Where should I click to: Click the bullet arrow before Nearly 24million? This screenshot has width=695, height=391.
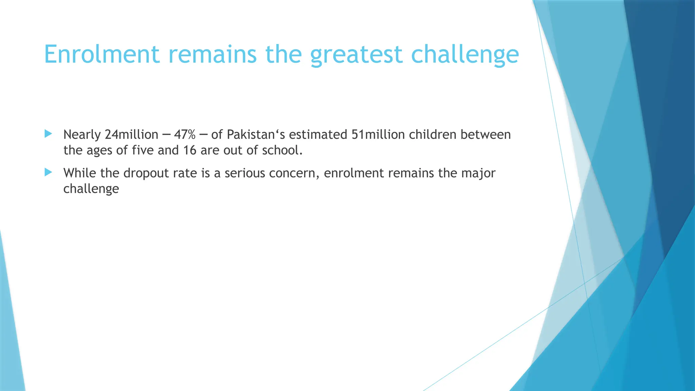48,134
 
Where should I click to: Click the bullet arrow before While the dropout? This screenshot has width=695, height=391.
48,172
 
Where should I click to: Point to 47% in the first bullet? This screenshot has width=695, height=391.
185,135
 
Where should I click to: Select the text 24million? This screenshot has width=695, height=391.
131,135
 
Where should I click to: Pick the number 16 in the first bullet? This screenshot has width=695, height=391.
190,150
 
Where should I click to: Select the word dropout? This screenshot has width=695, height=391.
146,173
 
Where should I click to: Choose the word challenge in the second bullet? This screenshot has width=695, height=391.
91,189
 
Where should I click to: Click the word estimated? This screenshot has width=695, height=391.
318,135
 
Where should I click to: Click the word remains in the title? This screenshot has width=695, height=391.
212,54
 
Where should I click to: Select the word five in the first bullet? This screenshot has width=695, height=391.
143,150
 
